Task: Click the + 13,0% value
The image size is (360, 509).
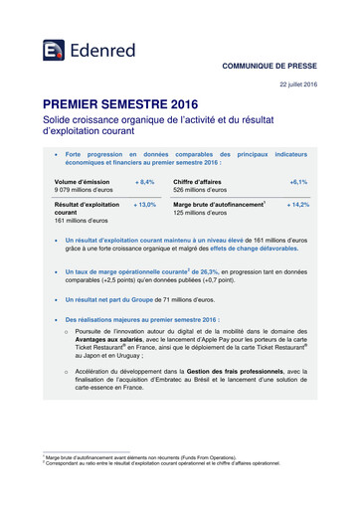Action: (144, 203)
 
